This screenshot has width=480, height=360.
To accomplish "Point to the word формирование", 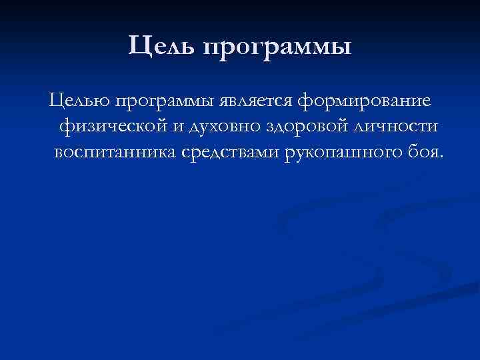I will click(365, 103).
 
